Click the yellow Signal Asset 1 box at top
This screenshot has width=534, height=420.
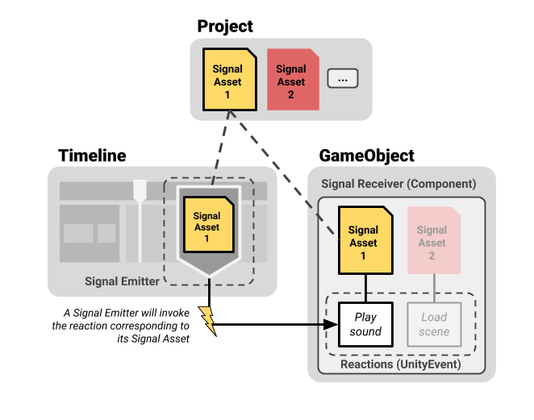[x=229, y=81]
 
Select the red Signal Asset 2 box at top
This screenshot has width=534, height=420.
[x=292, y=81]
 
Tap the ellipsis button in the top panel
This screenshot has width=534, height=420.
[x=342, y=79]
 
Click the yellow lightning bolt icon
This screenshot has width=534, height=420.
[x=207, y=320]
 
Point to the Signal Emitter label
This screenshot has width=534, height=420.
[x=122, y=281]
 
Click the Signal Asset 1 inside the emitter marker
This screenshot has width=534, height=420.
[x=207, y=227]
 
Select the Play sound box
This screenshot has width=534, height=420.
[x=365, y=324]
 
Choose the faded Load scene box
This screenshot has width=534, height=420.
[x=434, y=324]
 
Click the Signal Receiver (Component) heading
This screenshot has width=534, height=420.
[x=398, y=184]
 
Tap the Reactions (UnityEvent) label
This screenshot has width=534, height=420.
[x=400, y=364]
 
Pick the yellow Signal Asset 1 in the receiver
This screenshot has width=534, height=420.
[x=364, y=236]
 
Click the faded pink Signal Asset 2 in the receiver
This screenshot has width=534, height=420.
[x=432, y=236]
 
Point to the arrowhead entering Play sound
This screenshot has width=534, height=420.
[x=331, y=325]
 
